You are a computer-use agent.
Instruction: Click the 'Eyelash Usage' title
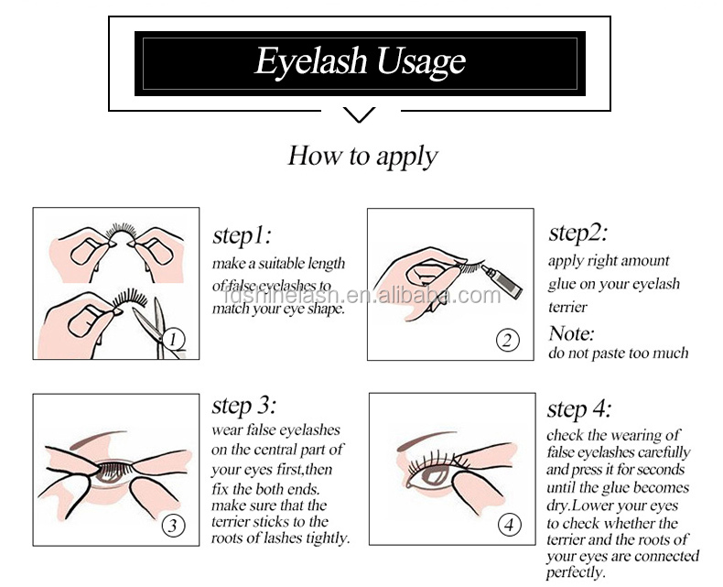(x=360, y=62)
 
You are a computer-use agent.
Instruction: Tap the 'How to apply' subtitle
(x=362, y=156)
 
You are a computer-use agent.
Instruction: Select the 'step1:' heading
(x=242, y=235)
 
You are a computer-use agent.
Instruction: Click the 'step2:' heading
(x=577, y=232)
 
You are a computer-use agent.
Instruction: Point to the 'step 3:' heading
(x=244, y=405)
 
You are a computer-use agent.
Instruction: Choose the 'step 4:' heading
(x=579, y=408)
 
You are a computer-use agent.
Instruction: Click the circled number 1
(x=173, y=340)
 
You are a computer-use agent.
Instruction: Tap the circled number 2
(x=508, y=340)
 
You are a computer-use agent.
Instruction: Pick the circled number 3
(x=173, y=526)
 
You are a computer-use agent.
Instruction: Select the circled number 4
(x=509, y=525)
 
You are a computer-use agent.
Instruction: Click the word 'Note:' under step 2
(x=571, y=333)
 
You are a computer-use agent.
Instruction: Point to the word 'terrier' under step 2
(x=567, y=307)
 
